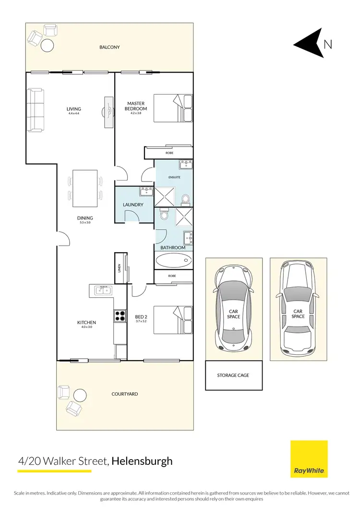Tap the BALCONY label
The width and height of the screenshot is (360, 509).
click(109, 47)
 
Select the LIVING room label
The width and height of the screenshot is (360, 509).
click(74, 109)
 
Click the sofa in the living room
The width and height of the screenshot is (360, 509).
click(36, 110)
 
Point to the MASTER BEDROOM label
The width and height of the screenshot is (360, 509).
click(136, 106)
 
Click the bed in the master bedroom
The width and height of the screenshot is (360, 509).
click(173, 109)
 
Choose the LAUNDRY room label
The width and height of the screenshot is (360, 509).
click(133, 205)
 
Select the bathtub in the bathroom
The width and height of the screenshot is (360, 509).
click(173, 261)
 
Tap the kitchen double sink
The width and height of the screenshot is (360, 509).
click(103, 290)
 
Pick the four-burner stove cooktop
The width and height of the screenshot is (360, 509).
click(120, 316)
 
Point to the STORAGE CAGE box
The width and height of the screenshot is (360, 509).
click(233, 375)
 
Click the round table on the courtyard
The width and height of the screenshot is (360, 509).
click(80, 395)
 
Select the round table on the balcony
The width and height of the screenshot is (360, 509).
click(48, 46)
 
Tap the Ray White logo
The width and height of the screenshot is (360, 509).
click(309, 459)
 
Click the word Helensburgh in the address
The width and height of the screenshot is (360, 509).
click(142, 461)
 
